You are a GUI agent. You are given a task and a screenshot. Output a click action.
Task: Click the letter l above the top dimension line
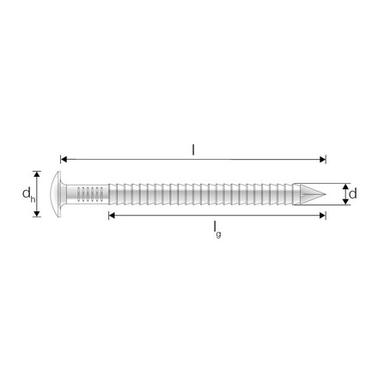(193, 149)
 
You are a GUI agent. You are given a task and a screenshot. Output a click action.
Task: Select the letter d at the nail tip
(352, 194)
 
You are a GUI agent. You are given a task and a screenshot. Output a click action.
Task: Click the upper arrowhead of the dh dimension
(38, 173)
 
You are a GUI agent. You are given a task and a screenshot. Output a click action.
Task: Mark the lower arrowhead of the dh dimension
(38, 214)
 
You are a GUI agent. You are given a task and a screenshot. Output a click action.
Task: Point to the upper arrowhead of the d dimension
(344, 185)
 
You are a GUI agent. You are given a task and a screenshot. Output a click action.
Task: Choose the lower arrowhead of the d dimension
(344, 203)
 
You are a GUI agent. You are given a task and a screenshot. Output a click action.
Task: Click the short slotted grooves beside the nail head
(88, 193)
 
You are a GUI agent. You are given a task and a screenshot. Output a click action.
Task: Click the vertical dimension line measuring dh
(38, 193)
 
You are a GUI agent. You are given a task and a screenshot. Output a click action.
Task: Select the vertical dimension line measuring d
(344, 194)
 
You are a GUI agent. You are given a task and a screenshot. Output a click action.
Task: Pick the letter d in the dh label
(25, 193)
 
